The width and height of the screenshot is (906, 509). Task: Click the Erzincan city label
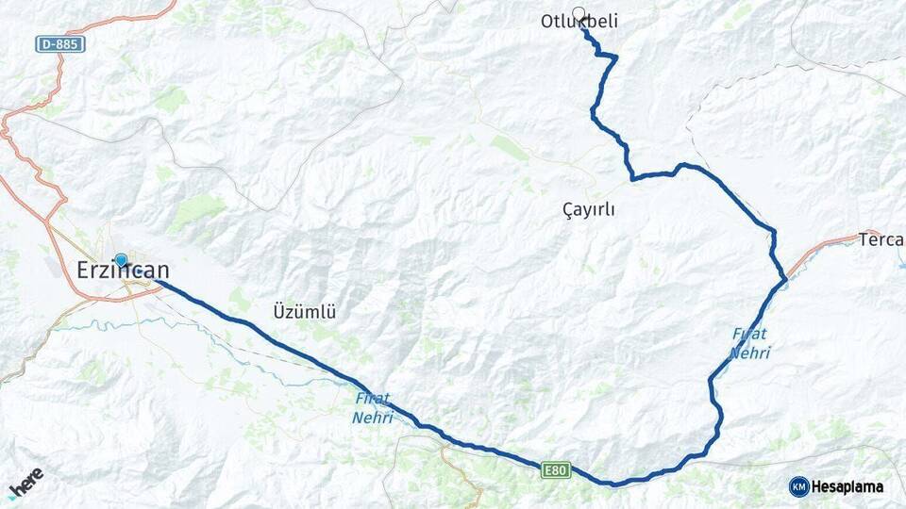pyautogui.click(x=123, y=271)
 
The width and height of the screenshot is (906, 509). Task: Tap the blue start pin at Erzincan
pyautogui.click(x=121, y=260)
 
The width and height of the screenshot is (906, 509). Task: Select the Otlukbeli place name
pyautogui.click(x=579, y=22)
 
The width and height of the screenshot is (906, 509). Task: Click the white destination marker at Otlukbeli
pyautogui.click(x=579, y=14)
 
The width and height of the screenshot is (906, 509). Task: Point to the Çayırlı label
pyautogui.click(x=588, y=210)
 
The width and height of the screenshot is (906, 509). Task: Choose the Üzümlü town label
pyautogui.click(x=305, y=310)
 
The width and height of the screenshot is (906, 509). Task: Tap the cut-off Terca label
pyautogui.click(x=881, y=239)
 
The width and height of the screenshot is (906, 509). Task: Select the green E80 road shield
pyautogui.click(x=554, y=468)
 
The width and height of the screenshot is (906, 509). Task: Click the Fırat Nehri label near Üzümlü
pyautogui.click(x=373, y=408)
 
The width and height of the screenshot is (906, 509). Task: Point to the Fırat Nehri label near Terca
pyautogui.click(x=750, y=343)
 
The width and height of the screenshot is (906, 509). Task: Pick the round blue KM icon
pyautogui.click(x=798, y=486)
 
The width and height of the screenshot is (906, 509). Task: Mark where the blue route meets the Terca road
pyautogui.click(x=784, y=279)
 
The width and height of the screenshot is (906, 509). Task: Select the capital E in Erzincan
pyautogui.click(x=83, y=271)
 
